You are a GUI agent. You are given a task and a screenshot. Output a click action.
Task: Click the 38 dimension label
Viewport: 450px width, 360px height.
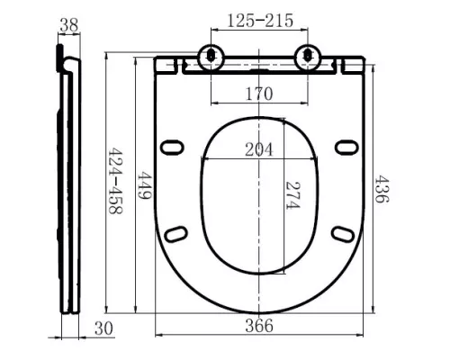(69, 25)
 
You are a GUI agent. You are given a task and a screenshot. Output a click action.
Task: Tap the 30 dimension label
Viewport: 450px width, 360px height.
(103, 328)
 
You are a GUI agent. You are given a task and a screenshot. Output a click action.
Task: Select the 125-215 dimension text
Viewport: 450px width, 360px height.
(260, 21)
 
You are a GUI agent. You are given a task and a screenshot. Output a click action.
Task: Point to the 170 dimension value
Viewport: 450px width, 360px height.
(259, 94)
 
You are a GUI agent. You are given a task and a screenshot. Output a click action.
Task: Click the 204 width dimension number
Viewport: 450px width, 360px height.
(259, 149)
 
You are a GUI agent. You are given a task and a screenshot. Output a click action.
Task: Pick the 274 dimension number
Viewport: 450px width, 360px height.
(292, 195)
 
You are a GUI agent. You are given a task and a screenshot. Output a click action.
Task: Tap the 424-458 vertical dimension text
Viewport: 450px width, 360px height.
(115, 181)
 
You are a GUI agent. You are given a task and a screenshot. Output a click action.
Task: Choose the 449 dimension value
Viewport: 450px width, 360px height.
(144, 185)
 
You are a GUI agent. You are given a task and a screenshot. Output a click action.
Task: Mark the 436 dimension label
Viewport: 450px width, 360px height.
(382, 189)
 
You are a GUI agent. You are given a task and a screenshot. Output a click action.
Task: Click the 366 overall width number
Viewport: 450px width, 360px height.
(259, 326)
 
